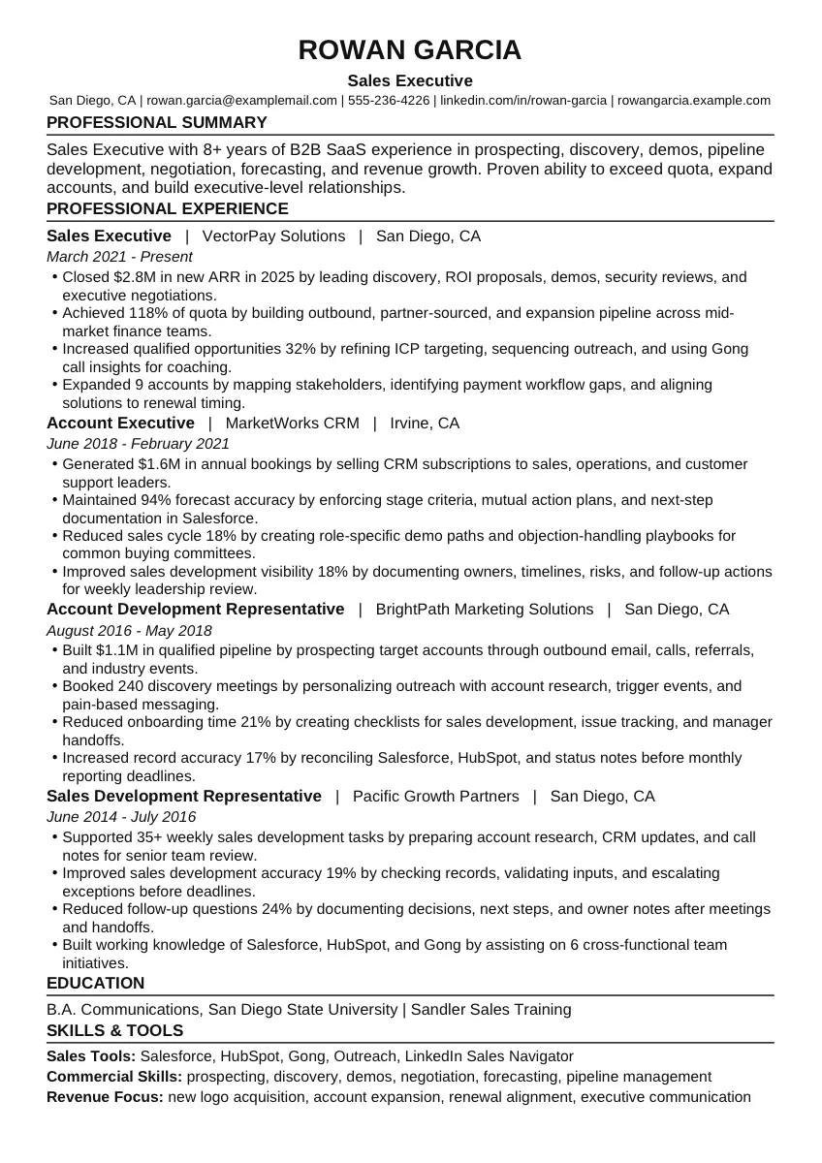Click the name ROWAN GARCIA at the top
(410, 50)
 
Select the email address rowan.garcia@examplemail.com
(241, 100)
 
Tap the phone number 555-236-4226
(389, 100)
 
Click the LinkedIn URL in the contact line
(523, 100)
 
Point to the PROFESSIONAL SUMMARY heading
(157, 122)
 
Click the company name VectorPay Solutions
(273, 236)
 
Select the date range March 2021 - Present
(119, 257)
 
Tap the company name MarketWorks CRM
(292, 423)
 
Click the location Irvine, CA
(425, 423)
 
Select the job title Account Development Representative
(195, 609)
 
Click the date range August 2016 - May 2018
(129, 630)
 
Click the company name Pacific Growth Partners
(435, 796)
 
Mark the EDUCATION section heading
(95, 983)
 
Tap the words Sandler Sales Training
(490, 1009)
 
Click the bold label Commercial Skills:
(114, 1077)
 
